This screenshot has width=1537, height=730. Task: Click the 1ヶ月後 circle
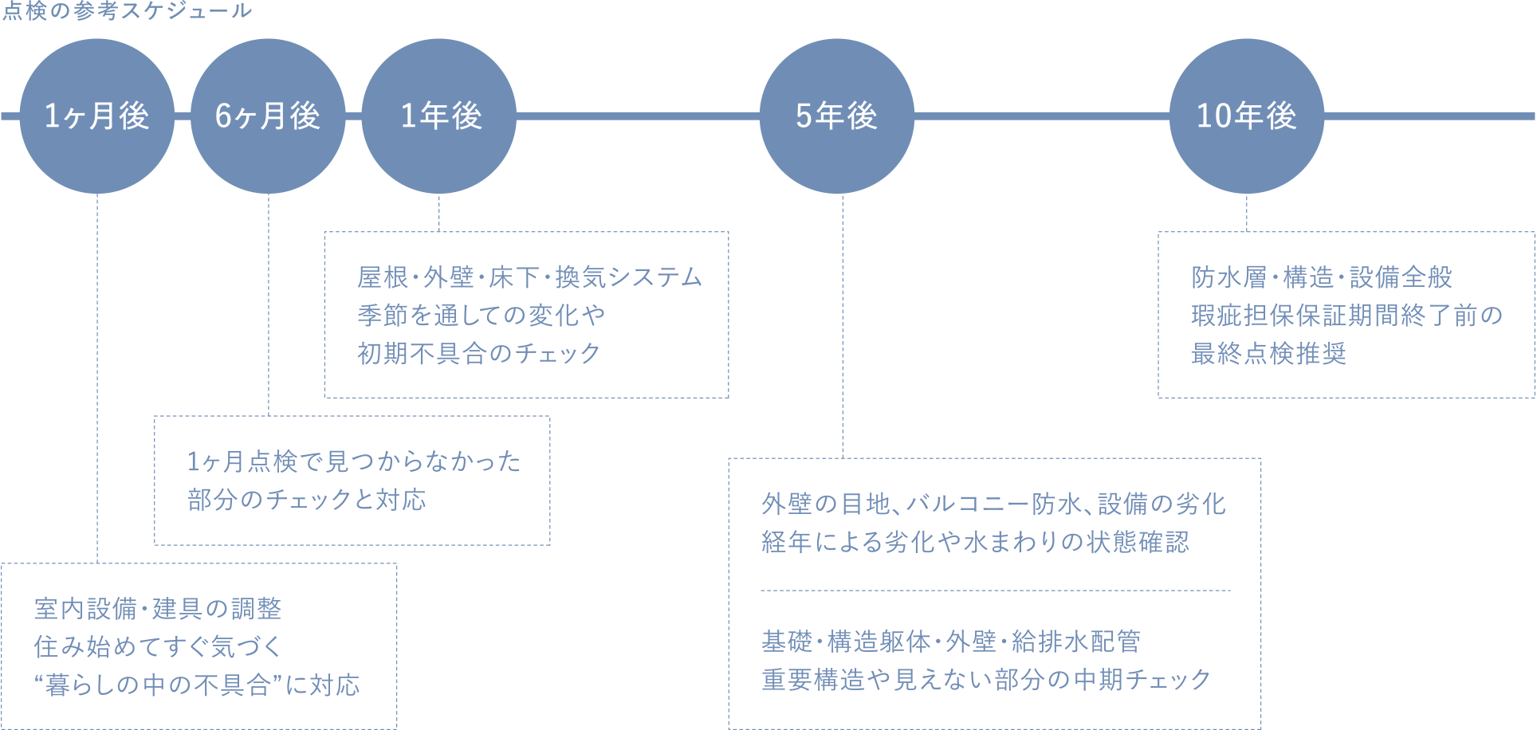(96, 116)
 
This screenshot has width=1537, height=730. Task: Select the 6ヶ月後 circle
(268, 116)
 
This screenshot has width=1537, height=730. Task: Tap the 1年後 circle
(439, 116)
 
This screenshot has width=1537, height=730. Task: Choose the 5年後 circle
(836, 116)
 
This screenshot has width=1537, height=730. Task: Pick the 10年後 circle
(1246, 116)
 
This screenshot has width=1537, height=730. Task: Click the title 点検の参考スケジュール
(127, 11)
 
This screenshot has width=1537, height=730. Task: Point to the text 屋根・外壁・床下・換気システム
(529, 277)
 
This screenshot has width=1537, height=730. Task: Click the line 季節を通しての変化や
(481, 316)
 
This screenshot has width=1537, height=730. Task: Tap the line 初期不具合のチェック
(478, 353)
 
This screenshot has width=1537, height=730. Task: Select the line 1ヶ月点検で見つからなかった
(354, 461)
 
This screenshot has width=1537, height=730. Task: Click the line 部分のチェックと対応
(307, 500)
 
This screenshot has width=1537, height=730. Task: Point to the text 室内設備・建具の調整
(158, 609)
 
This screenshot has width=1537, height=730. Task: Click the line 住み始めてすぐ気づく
(158, 646)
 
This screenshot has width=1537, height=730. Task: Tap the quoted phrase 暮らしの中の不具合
(158, 685)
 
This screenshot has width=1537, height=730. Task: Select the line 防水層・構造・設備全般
(1321, 277)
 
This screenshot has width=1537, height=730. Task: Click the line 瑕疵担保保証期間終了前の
(1346, 316)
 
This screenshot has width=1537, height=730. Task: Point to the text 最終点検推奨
(1268, 353)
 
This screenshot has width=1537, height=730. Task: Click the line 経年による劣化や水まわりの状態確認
(975, 542)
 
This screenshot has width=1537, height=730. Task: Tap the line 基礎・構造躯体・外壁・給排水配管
(951, 641)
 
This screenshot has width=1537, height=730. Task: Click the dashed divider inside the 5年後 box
(995, 591)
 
